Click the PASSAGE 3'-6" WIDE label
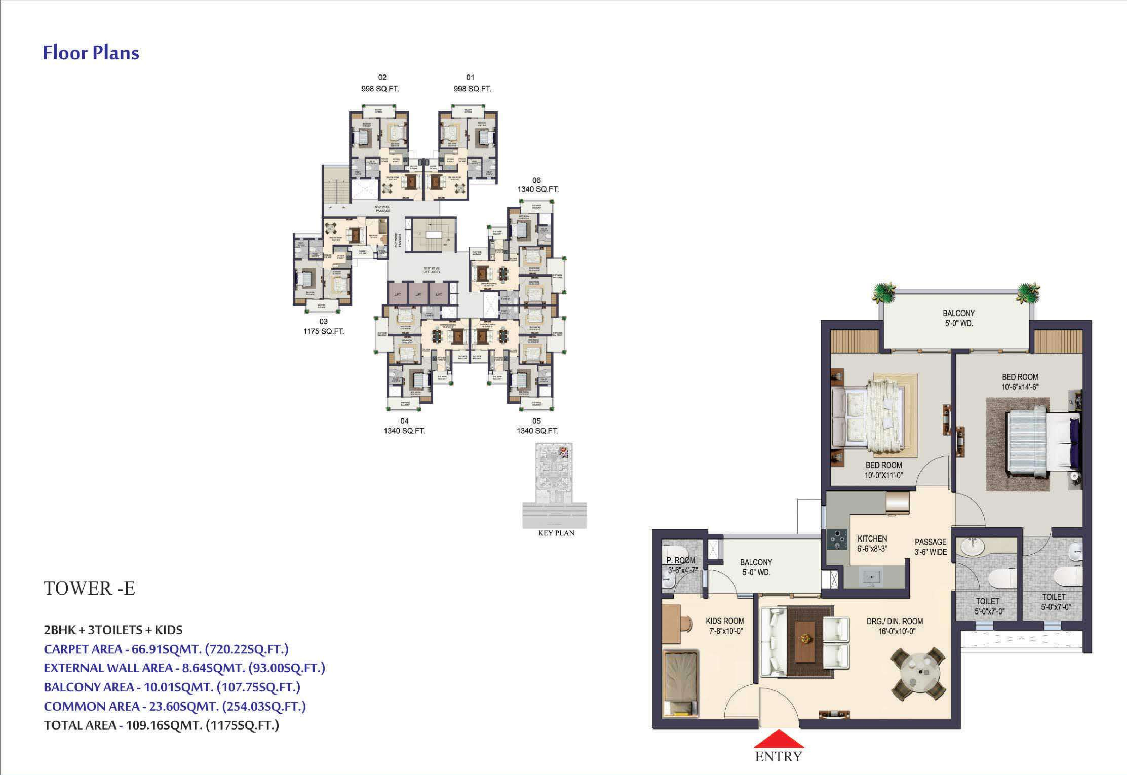[930, 547]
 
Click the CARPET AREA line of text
[166, 649]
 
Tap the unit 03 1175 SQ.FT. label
[323, 326]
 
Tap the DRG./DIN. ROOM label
[894, 626]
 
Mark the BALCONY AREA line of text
[172, 687]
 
